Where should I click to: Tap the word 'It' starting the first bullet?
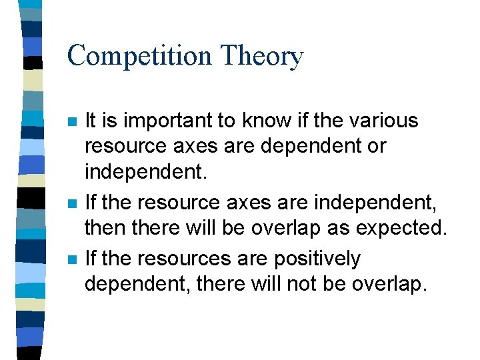91,121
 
